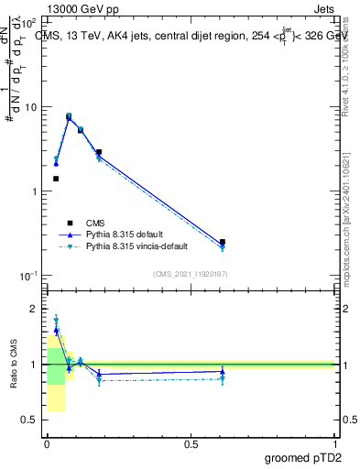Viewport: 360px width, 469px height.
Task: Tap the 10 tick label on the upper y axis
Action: coord(29,107)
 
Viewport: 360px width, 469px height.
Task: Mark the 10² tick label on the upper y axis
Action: coord(27,22)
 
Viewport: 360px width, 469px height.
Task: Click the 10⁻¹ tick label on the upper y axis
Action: coord(27,276)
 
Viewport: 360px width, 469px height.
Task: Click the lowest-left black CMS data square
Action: coord(56,179)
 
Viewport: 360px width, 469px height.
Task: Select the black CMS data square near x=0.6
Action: coord(223,242)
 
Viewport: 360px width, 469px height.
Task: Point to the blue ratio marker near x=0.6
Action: coord(223,372)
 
